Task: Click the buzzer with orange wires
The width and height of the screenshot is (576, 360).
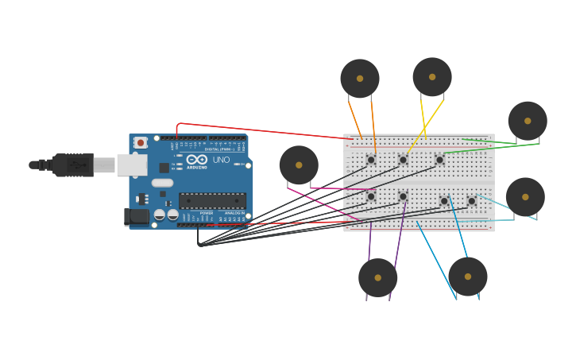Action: point(360,79)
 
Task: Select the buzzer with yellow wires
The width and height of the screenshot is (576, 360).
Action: point(432,77)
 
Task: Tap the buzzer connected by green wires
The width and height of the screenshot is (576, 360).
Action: point(528,121)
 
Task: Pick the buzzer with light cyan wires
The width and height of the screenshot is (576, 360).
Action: point(525,197)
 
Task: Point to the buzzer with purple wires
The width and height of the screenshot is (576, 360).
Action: point(377,277)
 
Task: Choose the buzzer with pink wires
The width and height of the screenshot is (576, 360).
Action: point(299,165)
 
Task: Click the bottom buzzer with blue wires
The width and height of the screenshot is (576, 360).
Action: point(468,277)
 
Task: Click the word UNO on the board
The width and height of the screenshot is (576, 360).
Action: point(221,160)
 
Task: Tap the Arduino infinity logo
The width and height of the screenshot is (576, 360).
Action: point(196,160)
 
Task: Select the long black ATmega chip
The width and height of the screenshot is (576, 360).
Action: point(212,200)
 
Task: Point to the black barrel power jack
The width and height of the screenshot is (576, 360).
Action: point(138,216)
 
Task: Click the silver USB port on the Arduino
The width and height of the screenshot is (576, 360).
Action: point(132,165)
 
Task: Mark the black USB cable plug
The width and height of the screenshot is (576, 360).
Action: point(74,165)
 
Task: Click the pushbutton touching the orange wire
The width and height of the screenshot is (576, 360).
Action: point(371,160)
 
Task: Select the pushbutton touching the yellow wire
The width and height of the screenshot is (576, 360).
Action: point(403,160)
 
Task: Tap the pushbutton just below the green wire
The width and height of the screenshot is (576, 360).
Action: point(439,160)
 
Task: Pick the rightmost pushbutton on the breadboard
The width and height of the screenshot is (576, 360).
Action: point(471,201)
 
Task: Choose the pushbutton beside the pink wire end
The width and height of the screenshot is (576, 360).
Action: point(371,196)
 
